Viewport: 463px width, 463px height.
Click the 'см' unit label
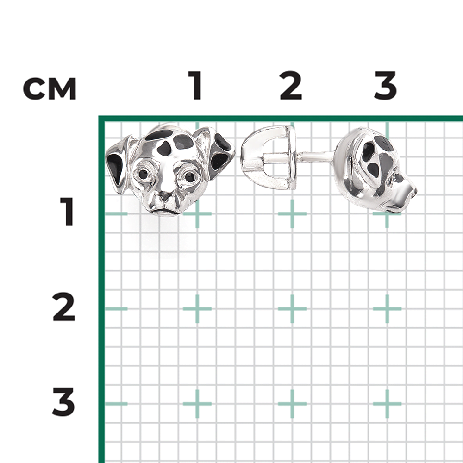(x=50, y=88)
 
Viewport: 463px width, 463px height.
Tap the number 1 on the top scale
(x=195, y=85)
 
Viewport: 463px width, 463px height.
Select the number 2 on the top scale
(x=291, y=85)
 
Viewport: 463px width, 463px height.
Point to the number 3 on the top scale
(x=385, y=85)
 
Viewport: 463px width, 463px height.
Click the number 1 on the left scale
(x=67, y=212)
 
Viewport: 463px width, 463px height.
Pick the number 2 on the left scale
(x=64, y=307)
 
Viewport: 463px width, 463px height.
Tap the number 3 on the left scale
(x=64, y=402)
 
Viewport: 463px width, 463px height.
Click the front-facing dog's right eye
(x=189, y=177)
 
